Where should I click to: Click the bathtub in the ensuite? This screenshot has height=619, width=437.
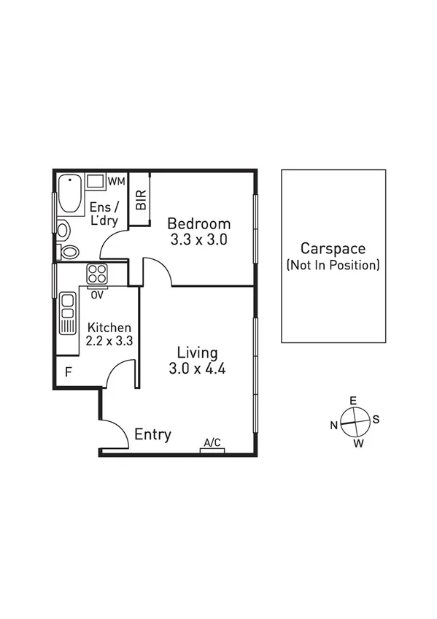pos(70,193)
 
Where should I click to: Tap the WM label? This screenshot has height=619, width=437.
pos(116,180)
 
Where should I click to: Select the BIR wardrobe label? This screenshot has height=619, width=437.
pos(141,200)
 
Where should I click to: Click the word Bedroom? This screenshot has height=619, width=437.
pos(199,224)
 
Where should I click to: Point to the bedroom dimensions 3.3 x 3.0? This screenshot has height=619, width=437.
pos(199,239)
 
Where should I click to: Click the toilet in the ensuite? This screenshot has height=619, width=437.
pos(69,252)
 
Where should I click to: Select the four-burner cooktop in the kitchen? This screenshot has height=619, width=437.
pos(97,274)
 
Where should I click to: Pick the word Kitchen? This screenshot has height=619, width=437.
pos(109,328)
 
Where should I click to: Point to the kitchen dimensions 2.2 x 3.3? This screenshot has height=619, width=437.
pos(109,341)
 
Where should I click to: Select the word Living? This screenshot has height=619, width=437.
pos(197,353)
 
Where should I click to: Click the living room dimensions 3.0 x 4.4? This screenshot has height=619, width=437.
pos(197,369)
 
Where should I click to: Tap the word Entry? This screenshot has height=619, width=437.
pos(153,435)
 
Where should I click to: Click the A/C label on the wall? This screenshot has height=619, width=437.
pos(212,442)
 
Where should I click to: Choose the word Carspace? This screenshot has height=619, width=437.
pos(333,249)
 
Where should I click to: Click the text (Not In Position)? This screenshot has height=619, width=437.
pos(333,265)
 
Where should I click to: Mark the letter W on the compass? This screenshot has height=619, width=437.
pos(359,443)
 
